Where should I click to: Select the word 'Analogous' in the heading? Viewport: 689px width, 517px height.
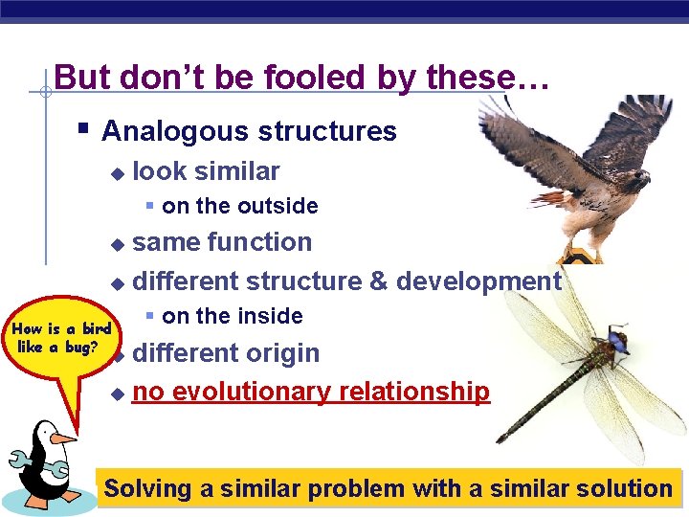pos(167,131)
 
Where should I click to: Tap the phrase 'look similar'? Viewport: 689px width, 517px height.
pos(206,171)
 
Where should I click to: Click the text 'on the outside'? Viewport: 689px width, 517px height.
pos(239,206)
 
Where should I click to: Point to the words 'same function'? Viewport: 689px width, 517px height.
pos(222,242)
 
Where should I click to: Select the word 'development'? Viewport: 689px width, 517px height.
pos(478,281)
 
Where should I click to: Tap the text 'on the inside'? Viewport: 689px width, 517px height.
pos(232,316)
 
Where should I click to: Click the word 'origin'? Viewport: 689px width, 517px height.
pos(282,353)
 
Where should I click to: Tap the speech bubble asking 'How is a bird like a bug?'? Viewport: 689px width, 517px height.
pos(61,339)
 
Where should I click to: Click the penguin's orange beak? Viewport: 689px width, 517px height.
pos(62,438)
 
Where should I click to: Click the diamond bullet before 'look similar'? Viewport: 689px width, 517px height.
pos(117,173)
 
